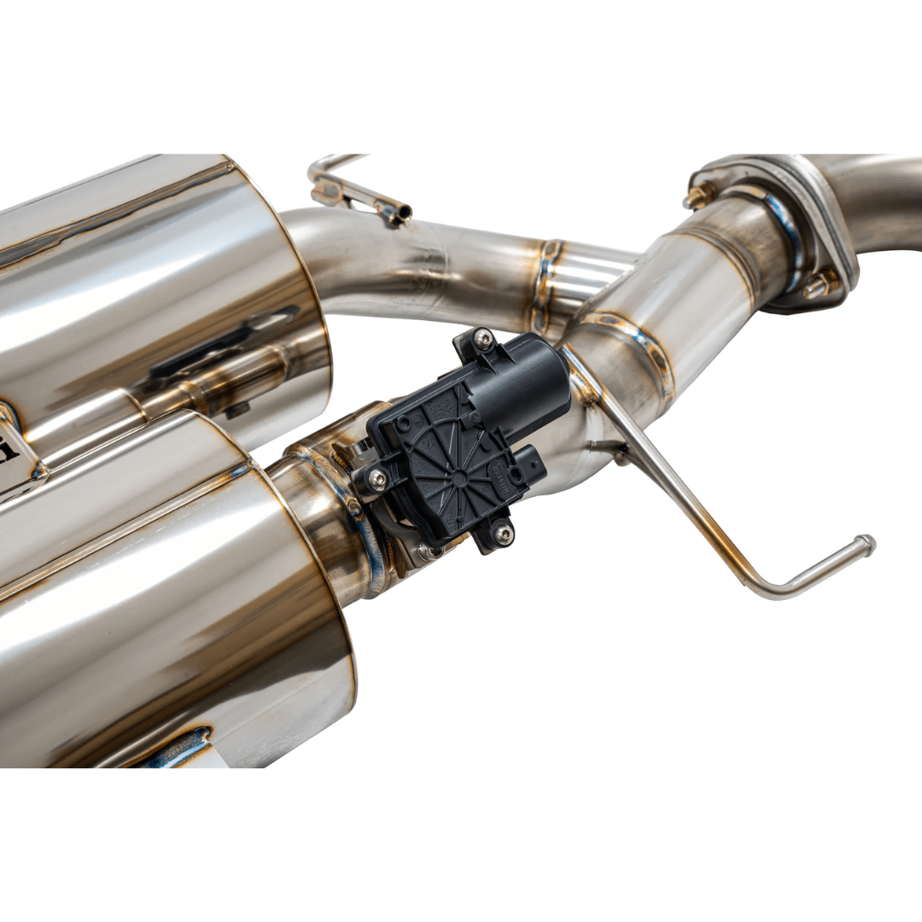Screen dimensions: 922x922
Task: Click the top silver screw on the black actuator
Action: tap(484, 341)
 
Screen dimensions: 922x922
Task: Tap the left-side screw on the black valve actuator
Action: tap(376, 480)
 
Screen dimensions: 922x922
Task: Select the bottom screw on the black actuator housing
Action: tap(504, 534)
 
